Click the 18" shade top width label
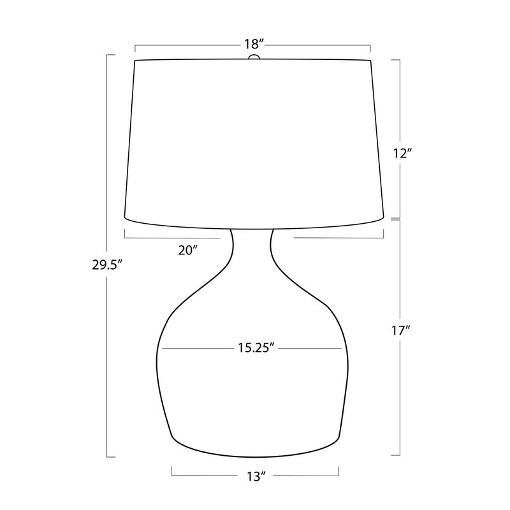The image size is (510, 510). coord(253,45)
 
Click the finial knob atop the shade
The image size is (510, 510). coord(254,58)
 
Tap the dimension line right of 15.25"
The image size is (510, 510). coord(312,349)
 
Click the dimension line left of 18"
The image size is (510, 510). coord(185,45)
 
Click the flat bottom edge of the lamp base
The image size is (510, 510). coord(255,456)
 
